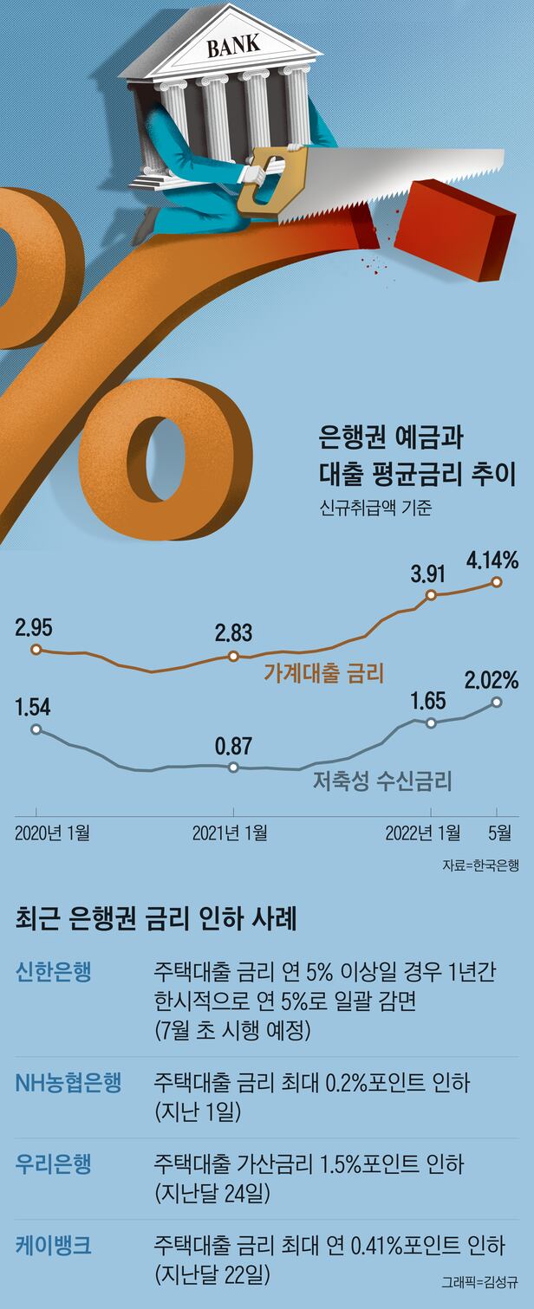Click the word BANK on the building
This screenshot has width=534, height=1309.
(x=232, y=46)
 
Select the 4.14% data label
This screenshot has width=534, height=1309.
(x=492, y=561)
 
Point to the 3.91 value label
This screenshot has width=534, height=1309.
(x=431, y=573)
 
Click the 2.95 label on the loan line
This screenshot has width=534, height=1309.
(x=34, y=627)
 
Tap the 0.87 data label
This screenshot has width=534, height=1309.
(x=232, y=744)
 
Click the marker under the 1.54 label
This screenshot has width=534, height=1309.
(x=36, y=729)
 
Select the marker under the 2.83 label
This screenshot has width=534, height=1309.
(x=233, y=656)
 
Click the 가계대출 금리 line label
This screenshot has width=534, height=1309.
(x=323, y=672)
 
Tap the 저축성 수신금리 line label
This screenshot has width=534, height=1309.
(x=381, y=782)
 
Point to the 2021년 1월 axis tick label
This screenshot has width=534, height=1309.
(x=230, y=833)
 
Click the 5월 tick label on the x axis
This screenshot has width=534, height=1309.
(x=498, y=833)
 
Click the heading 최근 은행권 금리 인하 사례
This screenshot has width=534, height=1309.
(x=156, y=918)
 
